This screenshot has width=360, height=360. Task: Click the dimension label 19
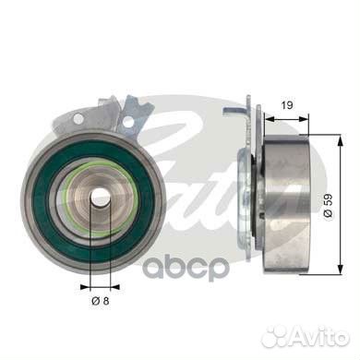[x=287, y=105]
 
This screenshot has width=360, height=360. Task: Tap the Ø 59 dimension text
[x=329, y=206]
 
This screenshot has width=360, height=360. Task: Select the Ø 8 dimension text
[x=101, y=300]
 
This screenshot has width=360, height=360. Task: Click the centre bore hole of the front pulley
[x=99, y=195]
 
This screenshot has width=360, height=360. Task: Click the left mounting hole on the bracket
[x=78, y=119]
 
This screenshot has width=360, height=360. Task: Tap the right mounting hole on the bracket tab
[x=128, y=123]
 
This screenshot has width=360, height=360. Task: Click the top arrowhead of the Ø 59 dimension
[x=340, y=141]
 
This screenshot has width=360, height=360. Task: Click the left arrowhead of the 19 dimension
[x=270, y=118]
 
